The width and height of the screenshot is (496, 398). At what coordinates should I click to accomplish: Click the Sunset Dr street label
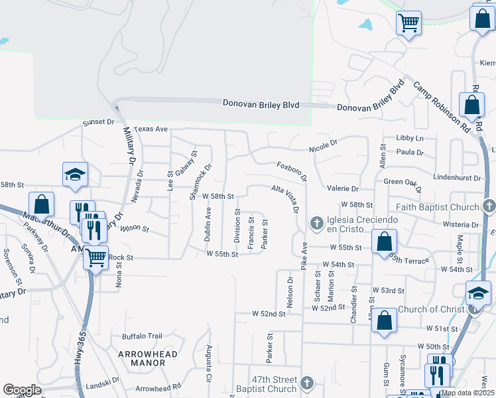click(x=98, y=123)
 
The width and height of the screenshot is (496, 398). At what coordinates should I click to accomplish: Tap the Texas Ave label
click(x=151, y=129)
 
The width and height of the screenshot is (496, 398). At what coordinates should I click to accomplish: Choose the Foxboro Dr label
click(x=292, y=169)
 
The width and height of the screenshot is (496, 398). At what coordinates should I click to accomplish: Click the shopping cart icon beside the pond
click(x=408, y=23)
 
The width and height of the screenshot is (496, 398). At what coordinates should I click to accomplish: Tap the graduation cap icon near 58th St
click(x=75, y=174)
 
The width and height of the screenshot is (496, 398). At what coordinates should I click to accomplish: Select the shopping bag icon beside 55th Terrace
click(x=384, y=241)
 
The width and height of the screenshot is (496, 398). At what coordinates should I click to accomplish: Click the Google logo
click(x=22, y=390)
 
